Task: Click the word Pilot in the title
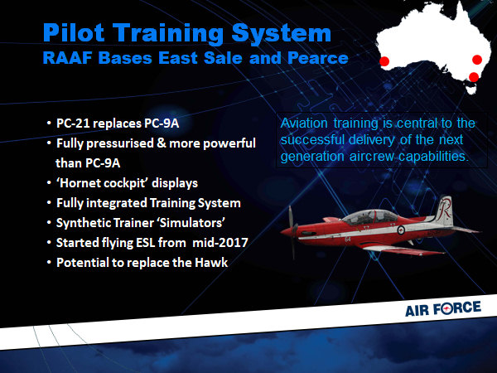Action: click(x=74, y=32)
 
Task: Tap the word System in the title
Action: click(x=282, y=34)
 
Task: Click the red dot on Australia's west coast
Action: click(x=384, y=61)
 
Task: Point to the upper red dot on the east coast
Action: click(x=477, y=60)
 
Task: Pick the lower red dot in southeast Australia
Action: click(x=474, y=77)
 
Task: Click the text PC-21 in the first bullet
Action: click(x=72, y=124)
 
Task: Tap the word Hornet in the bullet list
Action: click(x=81, y=183)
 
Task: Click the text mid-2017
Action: click(x=220, y=243)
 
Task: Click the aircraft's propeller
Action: click(x=292, y=232)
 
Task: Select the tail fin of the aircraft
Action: click(x=444, y=210)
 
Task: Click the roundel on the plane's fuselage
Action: click(x=401, y=230)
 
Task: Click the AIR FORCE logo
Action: click(x=443, y=308)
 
